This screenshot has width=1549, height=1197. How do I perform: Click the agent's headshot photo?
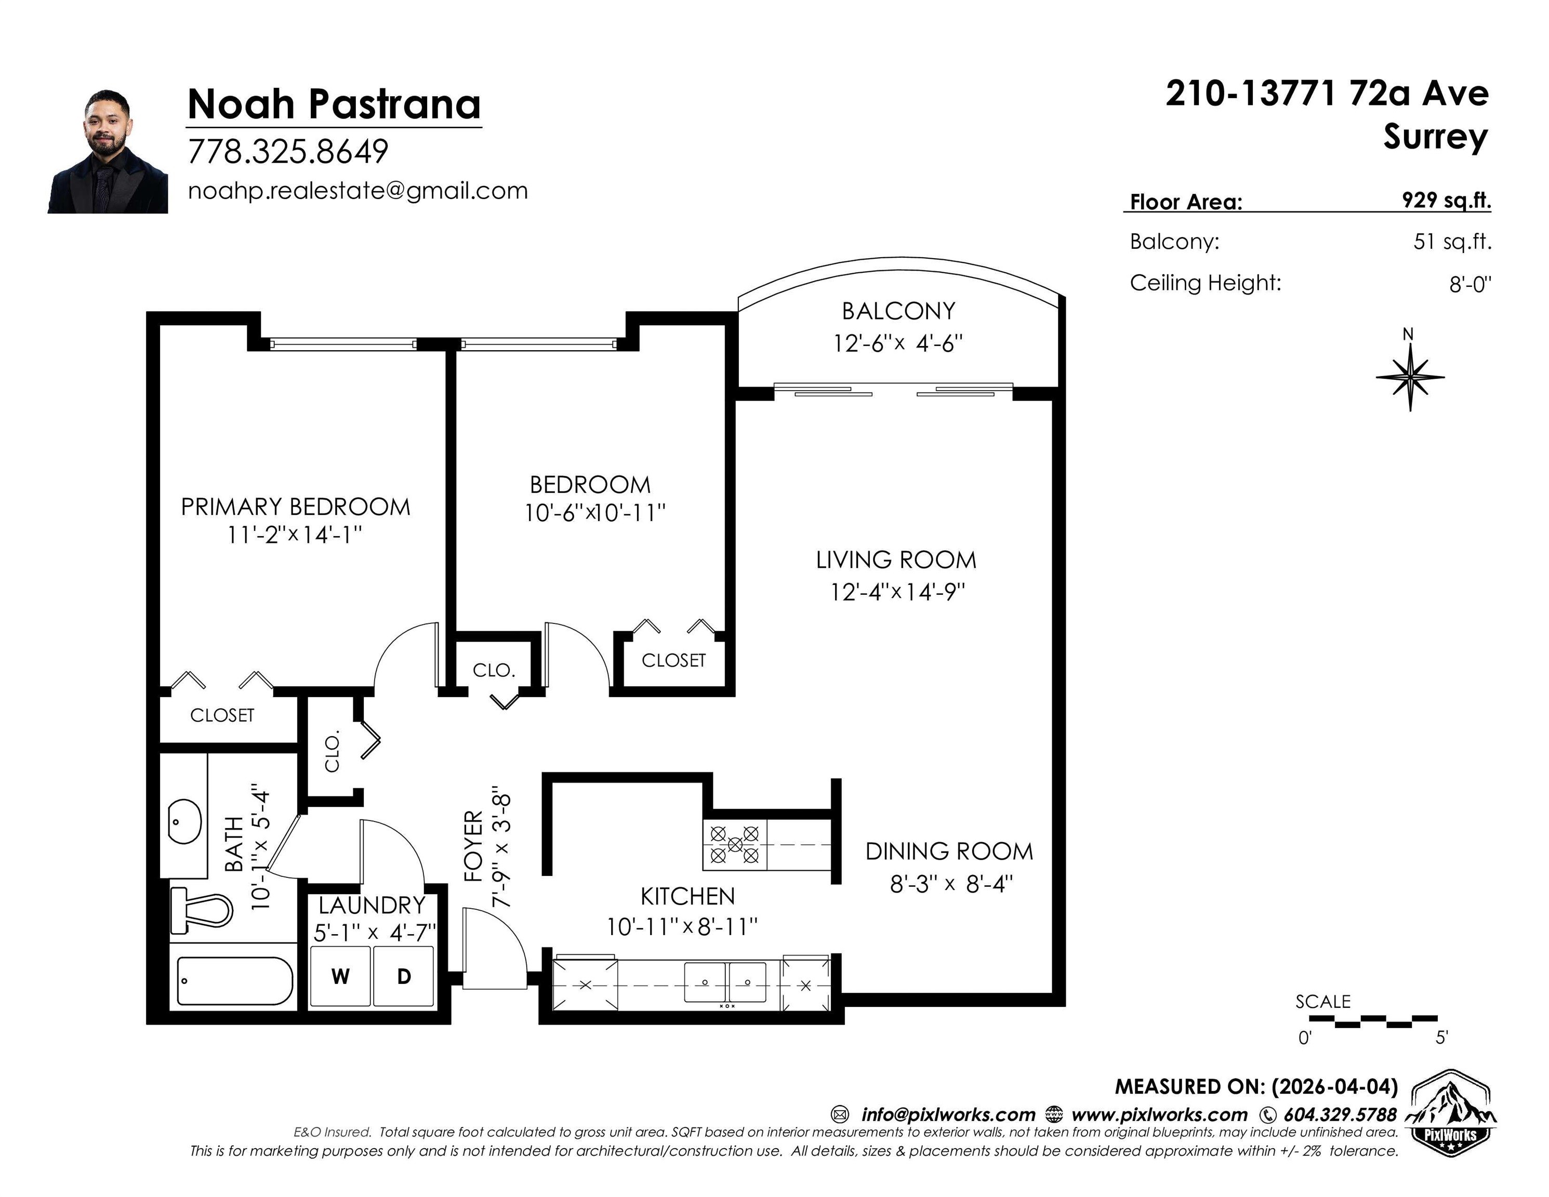click(x=108, y=151)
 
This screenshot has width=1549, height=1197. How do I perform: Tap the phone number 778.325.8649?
click(x=288, y=151)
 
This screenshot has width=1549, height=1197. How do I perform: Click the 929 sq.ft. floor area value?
click(x=1446, y=200)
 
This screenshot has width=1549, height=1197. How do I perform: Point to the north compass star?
click(x=1410, y=377)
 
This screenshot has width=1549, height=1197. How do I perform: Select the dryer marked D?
click(x=404, y=977)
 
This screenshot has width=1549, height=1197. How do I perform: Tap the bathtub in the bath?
click(x=235, y=981)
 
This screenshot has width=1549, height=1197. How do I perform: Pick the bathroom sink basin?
click(x=184, y=821)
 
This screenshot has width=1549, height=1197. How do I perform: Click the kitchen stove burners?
click(x=735, y=844)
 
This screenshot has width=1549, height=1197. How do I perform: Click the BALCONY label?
click(x=898, y=311)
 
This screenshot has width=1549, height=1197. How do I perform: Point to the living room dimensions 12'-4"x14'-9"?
click(x=898, y=591)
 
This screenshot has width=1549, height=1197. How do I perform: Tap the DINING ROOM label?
click(x=949, y=851)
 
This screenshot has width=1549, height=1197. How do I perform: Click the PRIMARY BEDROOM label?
click(x=296, y=507)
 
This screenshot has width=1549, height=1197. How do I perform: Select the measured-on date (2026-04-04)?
click(x=1334, y=1086)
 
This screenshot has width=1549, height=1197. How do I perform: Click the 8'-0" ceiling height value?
click(x=1469, y=284)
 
